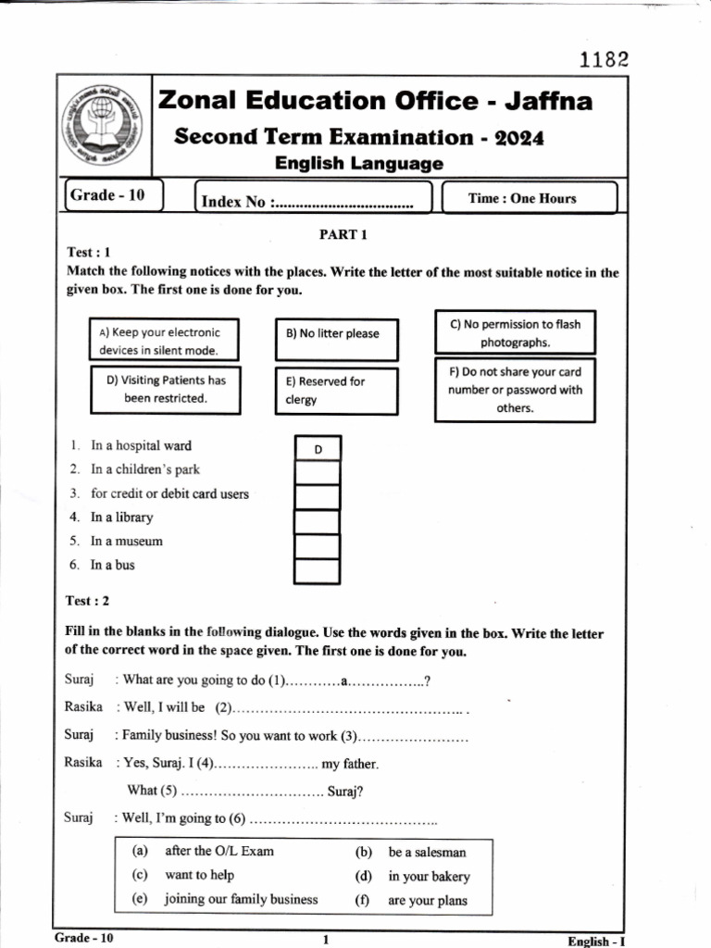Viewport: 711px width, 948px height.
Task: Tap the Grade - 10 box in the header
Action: (114, 196)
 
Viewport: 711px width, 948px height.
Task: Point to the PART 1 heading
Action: (343, 234)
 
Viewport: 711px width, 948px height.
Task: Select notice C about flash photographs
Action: (515, 333)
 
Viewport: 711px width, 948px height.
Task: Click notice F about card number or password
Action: (515, 390)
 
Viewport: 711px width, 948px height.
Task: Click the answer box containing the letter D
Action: (318, 449)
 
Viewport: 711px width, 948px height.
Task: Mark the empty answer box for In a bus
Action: (318, 570)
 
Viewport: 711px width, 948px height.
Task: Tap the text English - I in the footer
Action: (597, 941)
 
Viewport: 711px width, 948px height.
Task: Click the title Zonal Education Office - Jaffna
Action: (375, 101)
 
